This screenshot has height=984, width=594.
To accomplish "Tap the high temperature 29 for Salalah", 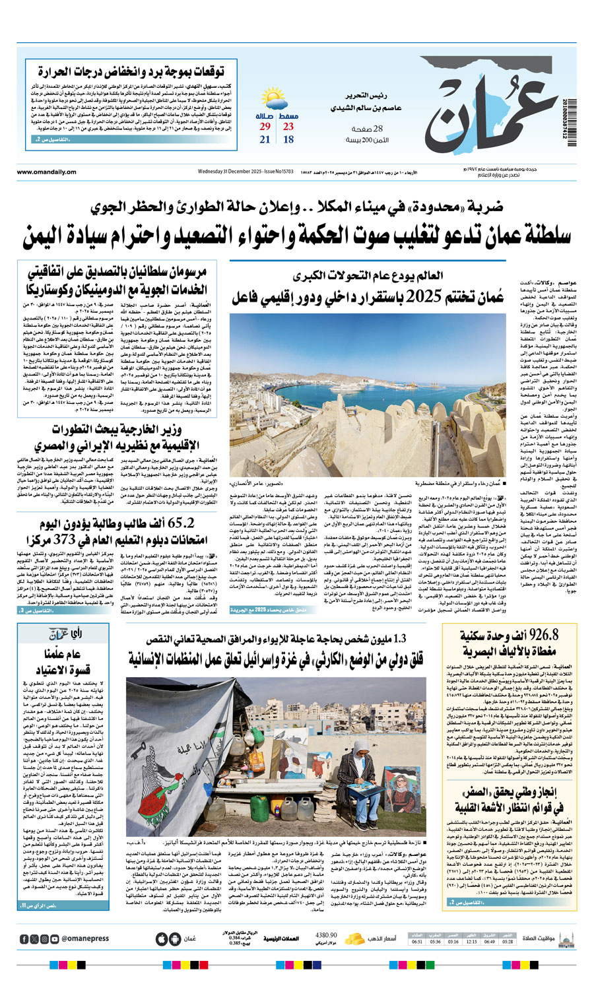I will [x=265, y=127].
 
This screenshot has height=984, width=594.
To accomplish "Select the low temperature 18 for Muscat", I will [x=288, y=139].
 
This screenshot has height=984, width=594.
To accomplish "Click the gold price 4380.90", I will [x=327, y=935].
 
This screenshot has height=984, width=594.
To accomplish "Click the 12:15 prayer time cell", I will [x=471, y=942].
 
